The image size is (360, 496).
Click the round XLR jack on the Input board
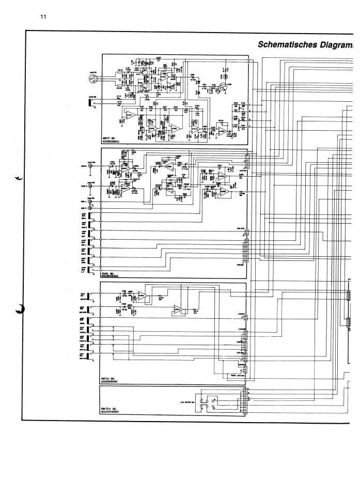click(x=92, y=78)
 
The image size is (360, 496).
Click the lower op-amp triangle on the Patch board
click(x=178, y=309)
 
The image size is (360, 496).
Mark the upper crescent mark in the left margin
click(x=20, y=178)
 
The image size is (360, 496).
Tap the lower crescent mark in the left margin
click(x=19, y=309)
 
